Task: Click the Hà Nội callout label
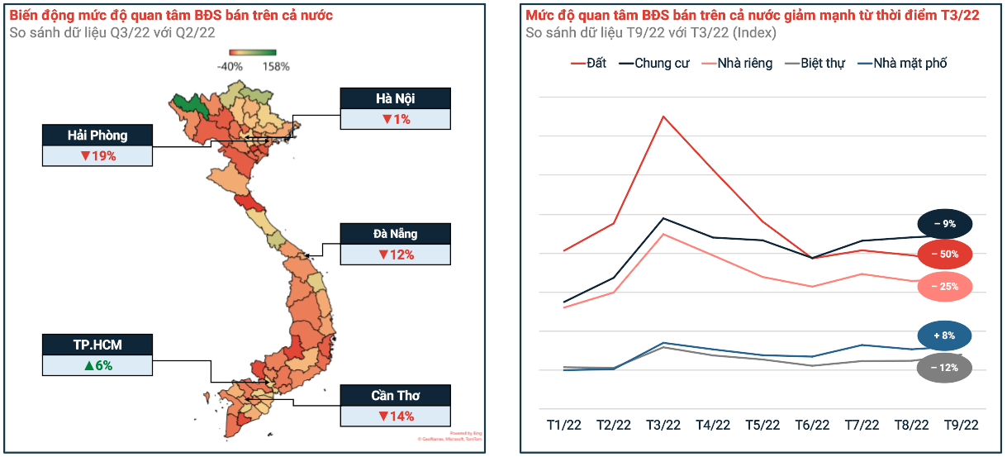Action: [x=396, y=98]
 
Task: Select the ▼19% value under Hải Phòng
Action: [x=97, y=155]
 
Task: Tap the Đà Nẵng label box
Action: [x=396, y=234]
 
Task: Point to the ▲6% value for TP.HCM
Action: [x=97, y=364]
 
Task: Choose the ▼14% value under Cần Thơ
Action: [x=396, y=416]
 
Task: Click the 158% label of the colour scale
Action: [x=276, y=66]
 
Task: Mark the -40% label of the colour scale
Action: [x=229, y=66]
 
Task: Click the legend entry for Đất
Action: [x=588, y=64]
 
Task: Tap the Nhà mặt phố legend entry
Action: [x=902, y=64]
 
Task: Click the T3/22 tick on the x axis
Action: [x=663, y=425]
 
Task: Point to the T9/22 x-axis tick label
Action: [x=961, y=425]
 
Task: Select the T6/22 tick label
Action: [x=812, y=425]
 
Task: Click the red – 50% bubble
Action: [x=944, y=255]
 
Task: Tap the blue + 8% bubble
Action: [x=944, y=336]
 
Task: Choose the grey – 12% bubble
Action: [x=944, y=368]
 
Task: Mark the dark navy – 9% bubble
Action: [x=944, y=224]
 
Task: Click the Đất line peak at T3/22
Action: [x=663, y=117]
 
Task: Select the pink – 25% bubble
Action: [x=944, y=287]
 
